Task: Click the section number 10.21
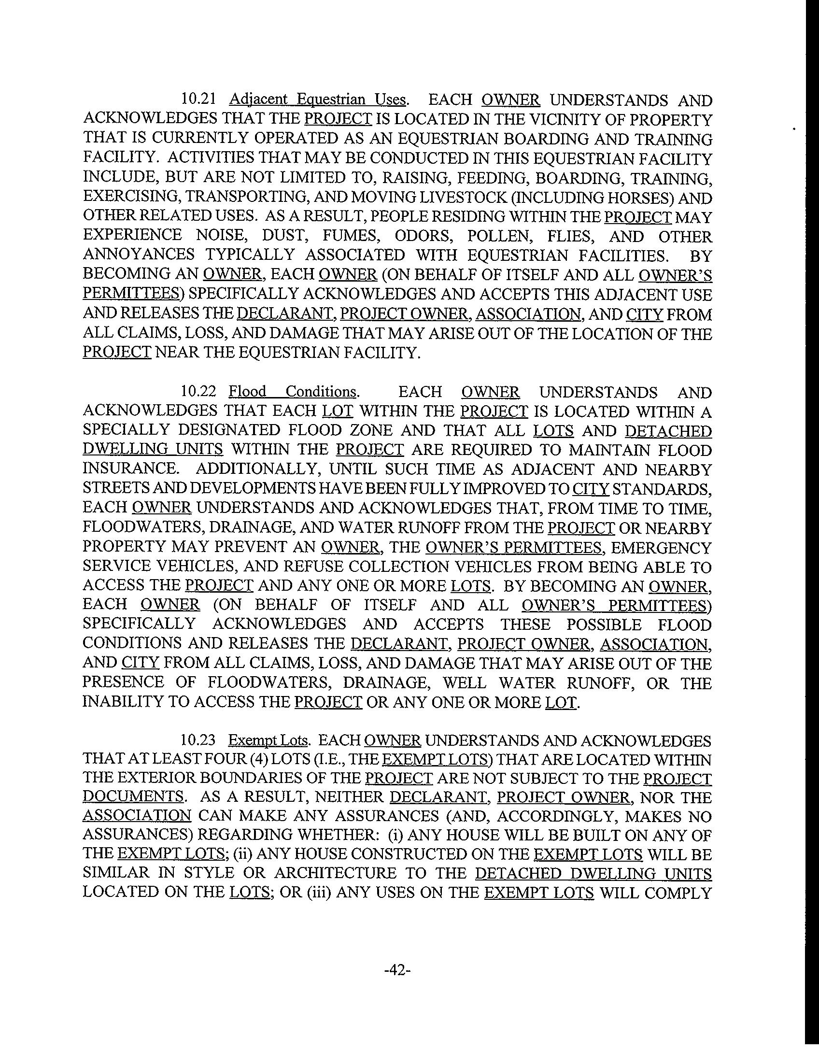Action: [x=197, y=99]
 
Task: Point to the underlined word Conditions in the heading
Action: [x=321, y=391]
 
